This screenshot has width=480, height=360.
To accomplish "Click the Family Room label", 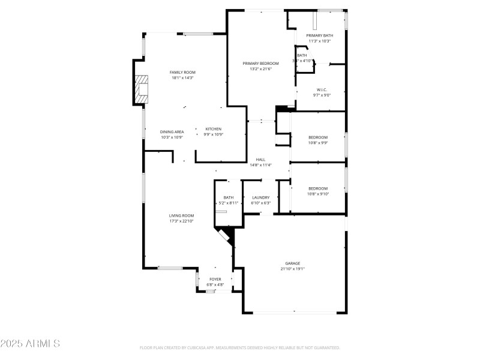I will [x=182, y=72].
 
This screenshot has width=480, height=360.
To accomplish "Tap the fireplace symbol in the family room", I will [x=142, y=88].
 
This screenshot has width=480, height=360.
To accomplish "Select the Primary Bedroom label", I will [x=260, y=63].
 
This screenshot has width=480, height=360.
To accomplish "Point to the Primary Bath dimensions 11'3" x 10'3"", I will [x=320, y=41].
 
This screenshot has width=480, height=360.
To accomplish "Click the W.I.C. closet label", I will [x=321, y=90].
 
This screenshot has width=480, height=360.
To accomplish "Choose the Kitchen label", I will [x=214, y=129].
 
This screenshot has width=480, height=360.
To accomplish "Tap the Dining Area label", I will [x=172, y=131].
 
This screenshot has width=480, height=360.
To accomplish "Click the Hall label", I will [x=260, y=160].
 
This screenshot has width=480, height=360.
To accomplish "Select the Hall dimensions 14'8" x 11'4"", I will [x=260, y=165].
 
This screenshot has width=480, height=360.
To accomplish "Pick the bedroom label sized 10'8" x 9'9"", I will [x=317, y=137].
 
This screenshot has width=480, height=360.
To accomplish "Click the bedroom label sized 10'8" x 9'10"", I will [x=317, y=188].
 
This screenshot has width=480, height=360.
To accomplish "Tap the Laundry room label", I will [x=260, y=197].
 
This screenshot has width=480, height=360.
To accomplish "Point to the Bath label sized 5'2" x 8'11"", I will [x=229, y=197].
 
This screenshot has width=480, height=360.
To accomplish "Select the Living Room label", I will [x=181, y=215].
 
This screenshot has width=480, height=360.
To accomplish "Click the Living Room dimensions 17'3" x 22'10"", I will [x=181, y=221].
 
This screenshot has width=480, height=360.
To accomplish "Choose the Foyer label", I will [x=215, y=279].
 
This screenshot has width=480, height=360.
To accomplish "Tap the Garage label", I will [x=293, y=263].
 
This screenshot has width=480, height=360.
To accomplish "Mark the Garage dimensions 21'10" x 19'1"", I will [x=293, y=269].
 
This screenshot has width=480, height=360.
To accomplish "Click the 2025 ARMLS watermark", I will [x=30, y=344].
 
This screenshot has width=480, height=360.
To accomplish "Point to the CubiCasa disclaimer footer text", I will [x=240, y=347].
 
